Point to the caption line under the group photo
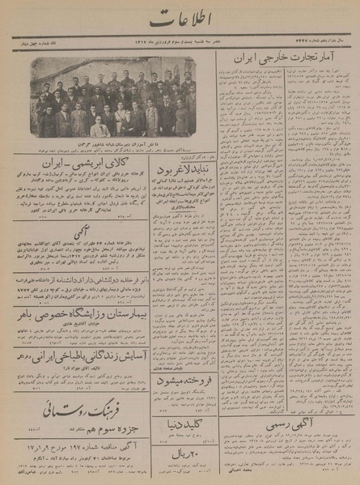tap(114, 143)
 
